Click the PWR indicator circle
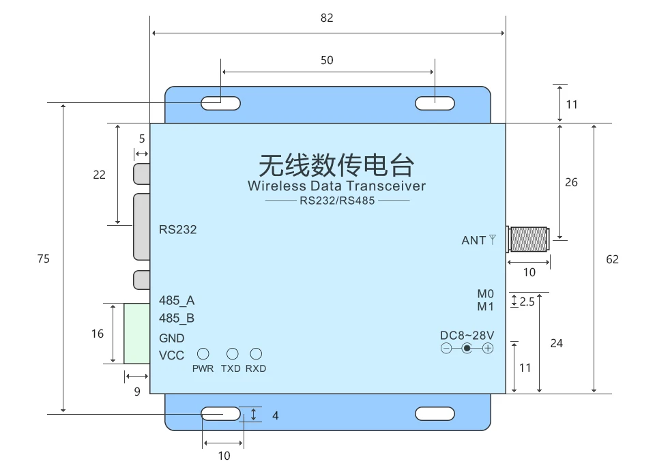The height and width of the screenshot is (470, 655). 203,354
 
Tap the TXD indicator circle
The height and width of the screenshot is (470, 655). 233,354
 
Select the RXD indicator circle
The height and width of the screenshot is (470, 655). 256,354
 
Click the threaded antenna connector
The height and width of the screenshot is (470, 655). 529,239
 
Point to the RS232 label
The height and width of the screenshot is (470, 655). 177,230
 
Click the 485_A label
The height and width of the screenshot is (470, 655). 177,300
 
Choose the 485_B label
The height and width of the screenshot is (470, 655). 177,319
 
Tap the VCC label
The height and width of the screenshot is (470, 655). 171,355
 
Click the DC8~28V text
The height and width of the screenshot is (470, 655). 467,336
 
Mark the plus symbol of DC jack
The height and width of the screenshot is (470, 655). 488,349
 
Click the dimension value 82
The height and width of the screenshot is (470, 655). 327,18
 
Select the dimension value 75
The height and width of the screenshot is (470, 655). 44,259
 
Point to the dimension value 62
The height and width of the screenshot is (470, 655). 612,259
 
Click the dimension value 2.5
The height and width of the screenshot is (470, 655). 527,302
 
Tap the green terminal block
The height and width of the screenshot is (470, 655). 137,334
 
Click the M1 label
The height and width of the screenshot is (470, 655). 485,307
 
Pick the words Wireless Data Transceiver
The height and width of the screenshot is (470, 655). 336,186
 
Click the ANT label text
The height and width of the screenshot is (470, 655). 474,240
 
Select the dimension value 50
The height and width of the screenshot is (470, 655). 327,60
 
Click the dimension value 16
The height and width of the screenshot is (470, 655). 98,334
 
